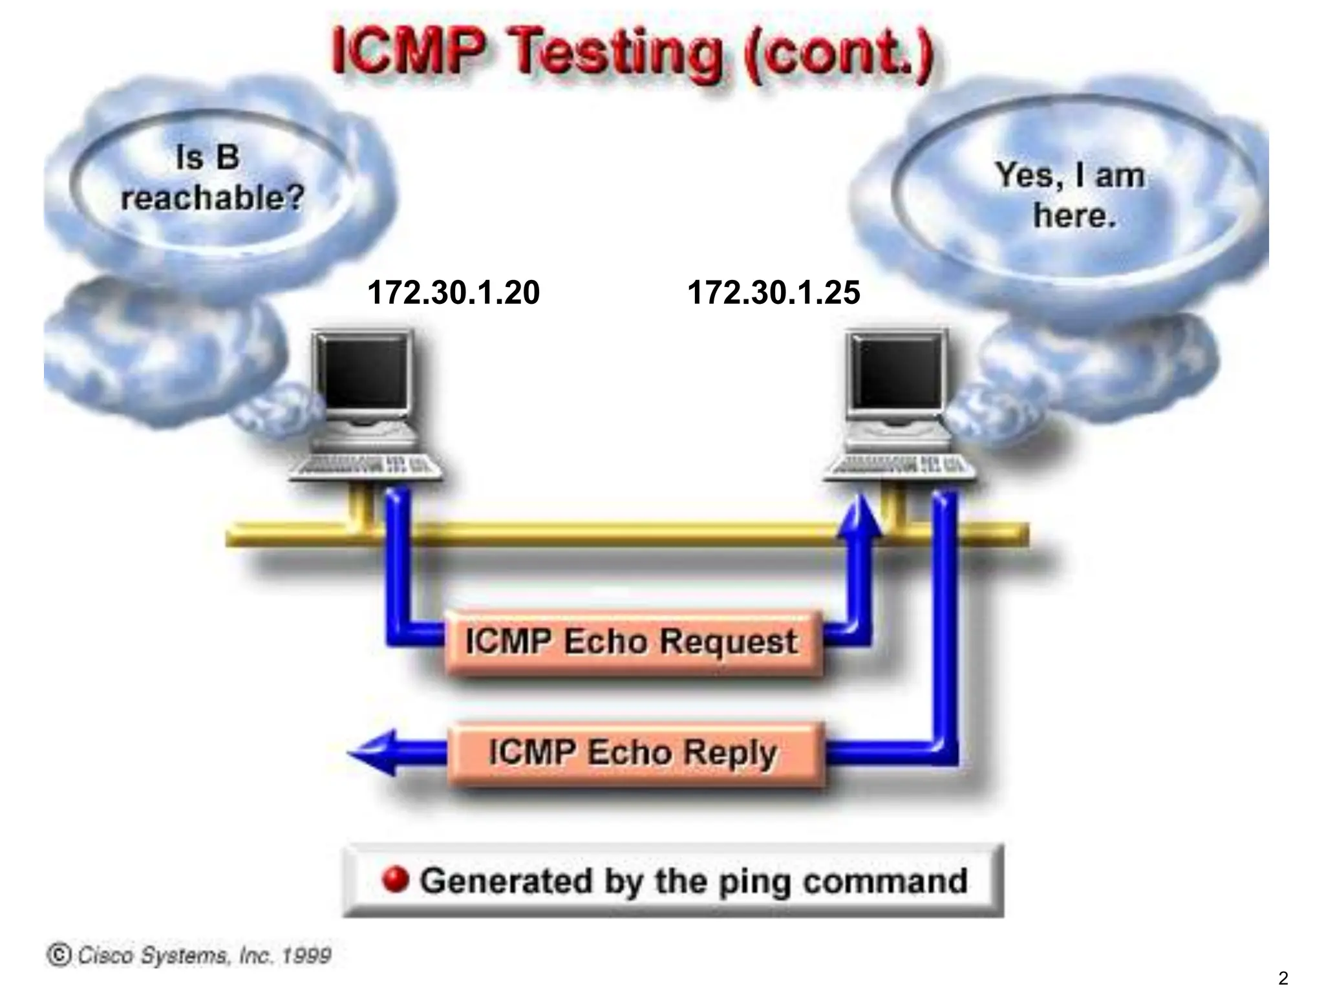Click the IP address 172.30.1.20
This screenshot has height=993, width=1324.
coord(453,292)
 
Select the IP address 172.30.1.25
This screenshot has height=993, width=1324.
coord(773,292)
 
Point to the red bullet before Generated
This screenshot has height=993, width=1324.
coord(396,880)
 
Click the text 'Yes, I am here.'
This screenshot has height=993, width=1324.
coord(1072,195)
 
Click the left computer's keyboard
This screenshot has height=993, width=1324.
coord(366,467)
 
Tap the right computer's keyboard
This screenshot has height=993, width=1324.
coord(899,467)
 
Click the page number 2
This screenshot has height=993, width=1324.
coord(1283,978)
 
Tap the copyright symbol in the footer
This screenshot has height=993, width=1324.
coord(59,955)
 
